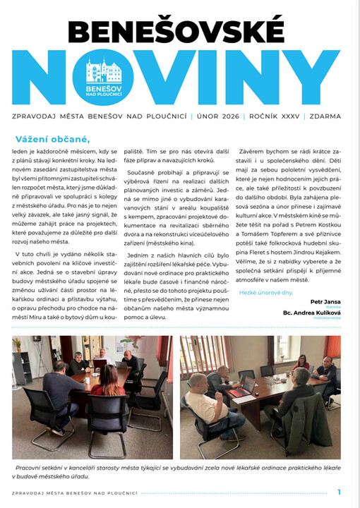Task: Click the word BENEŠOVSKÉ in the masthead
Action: (179, 32)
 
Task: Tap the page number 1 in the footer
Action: (340, 491)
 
